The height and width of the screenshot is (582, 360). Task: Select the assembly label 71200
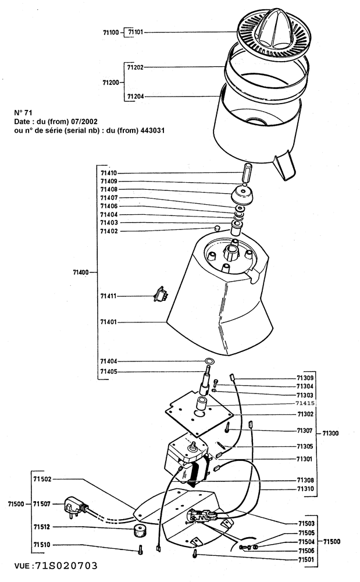(110, 83)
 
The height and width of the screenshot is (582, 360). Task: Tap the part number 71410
(109, 173)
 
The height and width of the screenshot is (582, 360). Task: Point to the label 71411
(109, 296)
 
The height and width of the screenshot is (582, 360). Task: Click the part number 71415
(305, 403)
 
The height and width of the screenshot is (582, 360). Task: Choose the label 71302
(305, 414)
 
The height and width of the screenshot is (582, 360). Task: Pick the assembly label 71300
(329, 433)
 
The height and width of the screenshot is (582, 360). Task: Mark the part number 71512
(42, 528)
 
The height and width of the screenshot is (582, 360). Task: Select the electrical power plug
(75, 504)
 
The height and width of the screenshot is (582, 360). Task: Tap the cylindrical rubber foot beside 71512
(138, 530)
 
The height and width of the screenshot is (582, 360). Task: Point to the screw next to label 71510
(141, 548)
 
